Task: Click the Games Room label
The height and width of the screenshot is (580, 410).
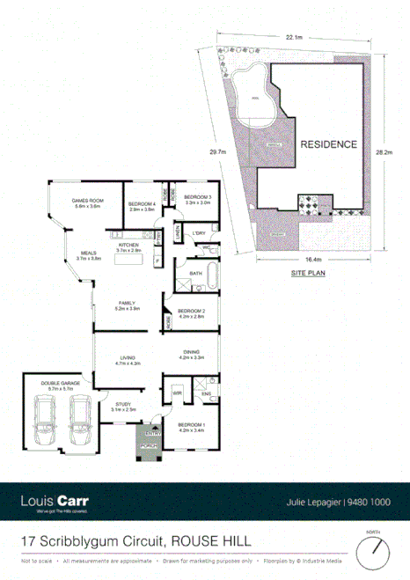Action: (88, 204)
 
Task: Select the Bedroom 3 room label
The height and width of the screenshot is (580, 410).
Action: (198, 199)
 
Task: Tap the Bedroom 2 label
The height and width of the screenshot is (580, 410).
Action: (191, 313)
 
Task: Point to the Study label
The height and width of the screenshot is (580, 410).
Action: (123, 407)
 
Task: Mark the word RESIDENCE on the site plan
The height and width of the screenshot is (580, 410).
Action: (328, 144)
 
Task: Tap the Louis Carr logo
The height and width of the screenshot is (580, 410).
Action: (54, 503)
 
